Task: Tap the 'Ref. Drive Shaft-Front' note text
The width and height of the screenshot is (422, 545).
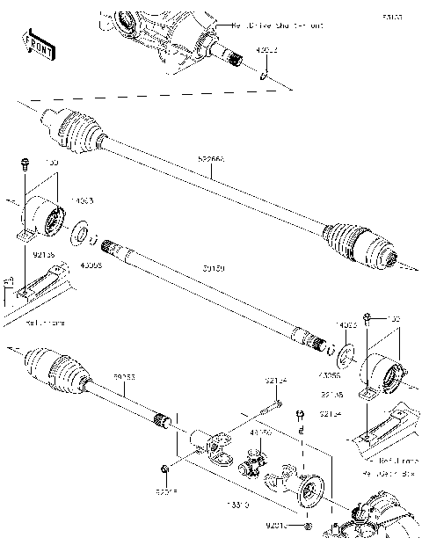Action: coord(264,26)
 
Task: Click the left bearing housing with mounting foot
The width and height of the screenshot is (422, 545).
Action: coord(43,220)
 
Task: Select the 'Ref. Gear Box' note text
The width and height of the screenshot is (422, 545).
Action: coord(393,472)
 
